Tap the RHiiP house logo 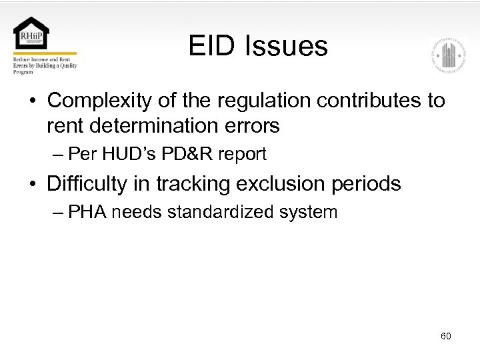tap(31, 33)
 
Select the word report tap(242, 155)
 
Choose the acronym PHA tap(86, 213)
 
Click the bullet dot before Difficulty tap(32, 184)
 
